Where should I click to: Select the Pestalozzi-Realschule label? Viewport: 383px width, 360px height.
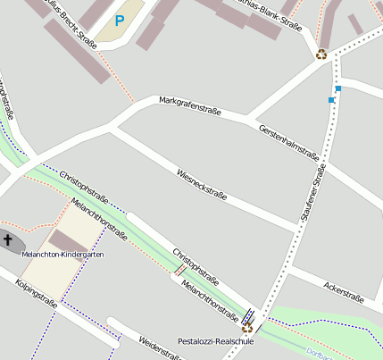coord(216,341)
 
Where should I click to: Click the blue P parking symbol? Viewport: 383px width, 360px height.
coord(119,20)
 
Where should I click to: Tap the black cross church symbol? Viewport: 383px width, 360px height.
coord(8,239)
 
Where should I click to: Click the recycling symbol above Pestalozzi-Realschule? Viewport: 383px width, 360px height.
coord(247,327)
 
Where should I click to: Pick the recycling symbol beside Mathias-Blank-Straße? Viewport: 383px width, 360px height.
coord(321,54)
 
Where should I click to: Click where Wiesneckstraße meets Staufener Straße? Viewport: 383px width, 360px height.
coord(296,230)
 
